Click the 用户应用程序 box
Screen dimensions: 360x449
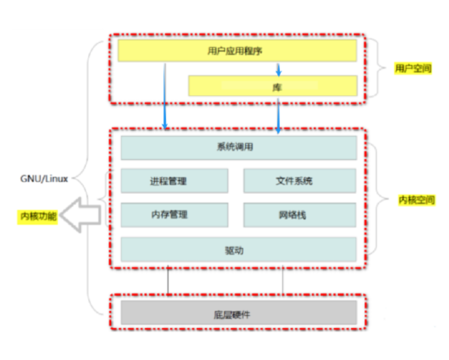(237, 51)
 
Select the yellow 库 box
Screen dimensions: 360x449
(272, 86)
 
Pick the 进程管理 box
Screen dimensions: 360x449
(174, 181)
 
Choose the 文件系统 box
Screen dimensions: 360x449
(299, 181)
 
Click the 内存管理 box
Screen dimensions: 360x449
(174, 214)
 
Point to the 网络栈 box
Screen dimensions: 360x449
(299, 214)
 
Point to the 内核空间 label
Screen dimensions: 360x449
(416, 200)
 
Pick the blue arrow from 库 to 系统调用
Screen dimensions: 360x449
(279, 115)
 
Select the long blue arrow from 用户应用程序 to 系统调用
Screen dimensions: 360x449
(165, 95)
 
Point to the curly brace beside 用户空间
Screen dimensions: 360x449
(382, 68)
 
